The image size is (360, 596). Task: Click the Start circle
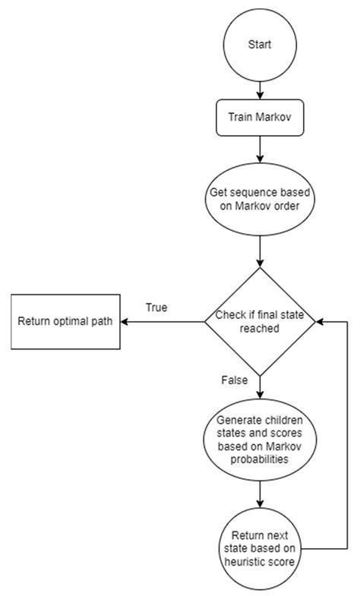point(260,45)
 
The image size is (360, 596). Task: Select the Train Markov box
point(260,118)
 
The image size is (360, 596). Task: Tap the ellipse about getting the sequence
point(260,198)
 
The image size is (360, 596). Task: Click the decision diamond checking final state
point(260,321)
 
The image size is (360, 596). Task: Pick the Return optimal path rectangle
point(65,321)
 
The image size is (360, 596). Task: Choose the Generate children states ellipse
point(260,443)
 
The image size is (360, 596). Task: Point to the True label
point(157,307)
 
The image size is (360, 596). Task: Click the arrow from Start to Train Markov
point(260,87)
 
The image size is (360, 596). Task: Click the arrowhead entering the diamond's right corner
point(321,321)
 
